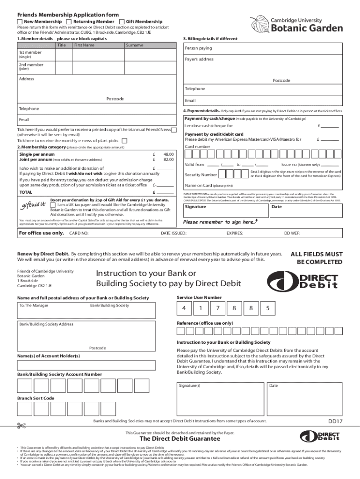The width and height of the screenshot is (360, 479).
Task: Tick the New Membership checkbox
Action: click(x=20, y=22)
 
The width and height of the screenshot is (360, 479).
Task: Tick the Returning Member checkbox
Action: click(x=69, y=22)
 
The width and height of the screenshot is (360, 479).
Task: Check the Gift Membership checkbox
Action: click(x=122, y=22)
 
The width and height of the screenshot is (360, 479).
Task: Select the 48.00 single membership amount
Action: click(x=168, y=154)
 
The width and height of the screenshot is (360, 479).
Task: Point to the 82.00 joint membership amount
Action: click(x=168, y=160)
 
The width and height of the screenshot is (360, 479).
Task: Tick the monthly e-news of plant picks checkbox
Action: click(x=124, y=141)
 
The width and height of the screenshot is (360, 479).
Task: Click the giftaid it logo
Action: click(x=33, y=204)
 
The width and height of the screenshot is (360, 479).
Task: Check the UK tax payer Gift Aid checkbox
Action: click(x=53, y=205)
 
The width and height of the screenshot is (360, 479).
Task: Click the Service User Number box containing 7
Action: click(x=217, y=308)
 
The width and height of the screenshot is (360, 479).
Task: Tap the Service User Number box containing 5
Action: click(x=267, y=308)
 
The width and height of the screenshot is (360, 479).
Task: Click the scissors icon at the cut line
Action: click(x=21, y=425)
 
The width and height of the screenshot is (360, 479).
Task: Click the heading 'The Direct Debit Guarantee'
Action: click(x=180, y=439)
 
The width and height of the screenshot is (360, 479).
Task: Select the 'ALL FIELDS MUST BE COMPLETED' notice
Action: click(x=317, y=258)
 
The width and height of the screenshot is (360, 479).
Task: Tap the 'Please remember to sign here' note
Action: click(x=220, y=222)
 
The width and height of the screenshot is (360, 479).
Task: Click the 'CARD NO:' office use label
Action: click(x=79, y=233)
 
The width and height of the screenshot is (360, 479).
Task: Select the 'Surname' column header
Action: click(x=134, y=45)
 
